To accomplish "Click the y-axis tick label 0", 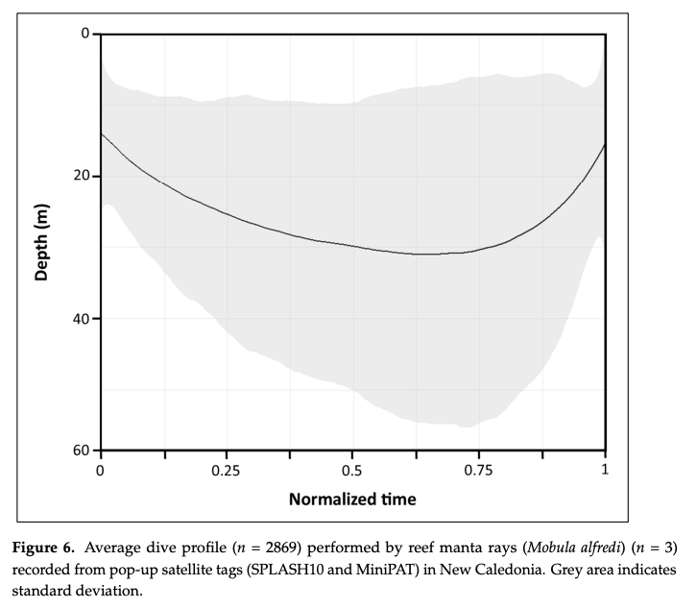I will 84,34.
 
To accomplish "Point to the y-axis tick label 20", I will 82,176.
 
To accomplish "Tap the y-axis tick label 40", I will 82,318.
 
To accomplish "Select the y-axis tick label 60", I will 82,451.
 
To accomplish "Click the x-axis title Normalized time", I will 352,499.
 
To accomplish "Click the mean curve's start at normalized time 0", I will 101,134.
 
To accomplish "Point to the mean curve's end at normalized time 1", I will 605,144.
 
